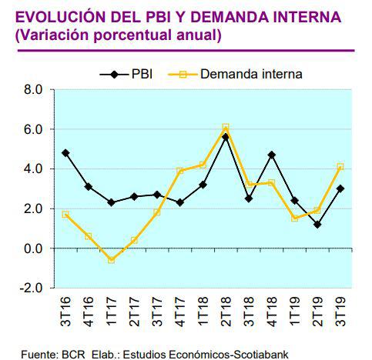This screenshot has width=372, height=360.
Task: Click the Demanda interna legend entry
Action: [x=238, y=74]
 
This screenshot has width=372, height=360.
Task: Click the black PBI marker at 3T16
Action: [x=65, y=152]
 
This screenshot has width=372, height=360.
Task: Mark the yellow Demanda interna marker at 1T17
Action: [x=111, y=260]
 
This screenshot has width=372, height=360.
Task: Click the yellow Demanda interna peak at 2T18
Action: [x=226, y=127]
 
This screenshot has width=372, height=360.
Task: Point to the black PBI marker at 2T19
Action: [x=317, y=225]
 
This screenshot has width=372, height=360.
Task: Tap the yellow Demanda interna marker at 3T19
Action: [x=340, y=166]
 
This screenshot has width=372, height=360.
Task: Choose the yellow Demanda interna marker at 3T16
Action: [x=65, y=215]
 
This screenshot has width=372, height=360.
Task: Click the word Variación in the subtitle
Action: [x=52, y=35]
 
